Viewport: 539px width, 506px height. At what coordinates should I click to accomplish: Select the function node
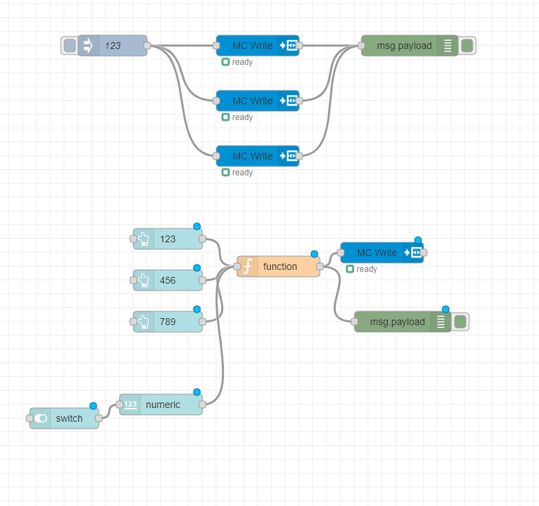[x=279, y=266]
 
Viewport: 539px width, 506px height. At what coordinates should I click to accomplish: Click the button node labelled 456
[x=168, y=280]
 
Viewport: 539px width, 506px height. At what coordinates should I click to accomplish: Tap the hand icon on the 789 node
[x=144, y=322]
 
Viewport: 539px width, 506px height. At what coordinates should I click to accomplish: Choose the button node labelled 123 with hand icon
[x=168, y=239]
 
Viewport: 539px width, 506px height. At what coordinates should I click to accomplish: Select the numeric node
[x=162, y=405]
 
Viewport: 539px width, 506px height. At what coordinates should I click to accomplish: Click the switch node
[x=65, y=418]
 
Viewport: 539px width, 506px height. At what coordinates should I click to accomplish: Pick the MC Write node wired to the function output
[x=377, y=253]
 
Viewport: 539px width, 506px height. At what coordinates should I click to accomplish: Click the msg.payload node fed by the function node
[x=397, y=322]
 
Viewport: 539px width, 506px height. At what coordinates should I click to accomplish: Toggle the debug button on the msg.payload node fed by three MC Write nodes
[x=467, y=46]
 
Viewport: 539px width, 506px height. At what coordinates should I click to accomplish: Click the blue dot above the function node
[x=314, y=254]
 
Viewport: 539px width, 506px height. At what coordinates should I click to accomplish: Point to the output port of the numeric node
[x=202, y=405]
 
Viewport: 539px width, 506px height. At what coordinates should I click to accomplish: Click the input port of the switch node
[x=30, y=418]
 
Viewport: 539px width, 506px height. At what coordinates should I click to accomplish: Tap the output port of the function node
[x=320, y=266]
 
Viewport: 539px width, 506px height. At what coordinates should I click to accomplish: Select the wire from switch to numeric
[x=109, y=411]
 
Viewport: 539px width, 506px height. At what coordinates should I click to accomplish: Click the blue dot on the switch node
[x=93, y=406]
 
